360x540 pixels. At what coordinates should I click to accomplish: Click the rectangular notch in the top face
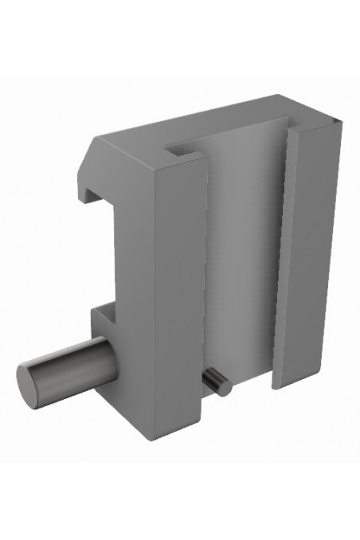tap(182, 148)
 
